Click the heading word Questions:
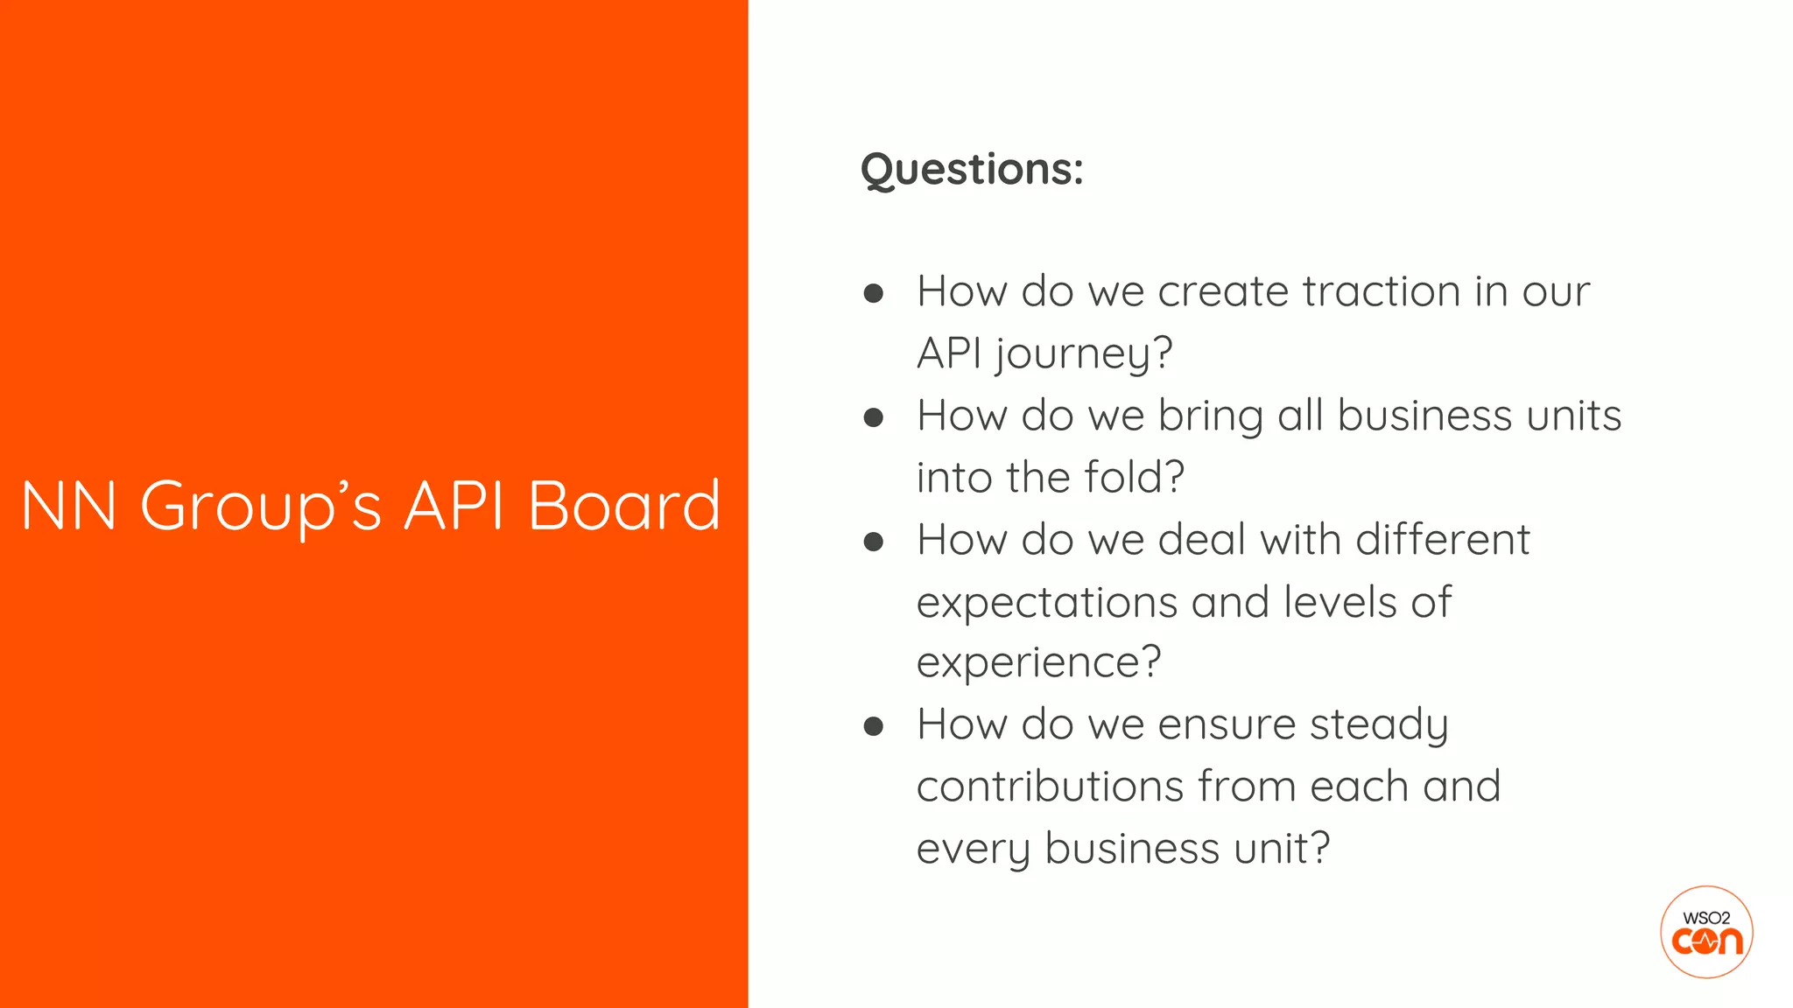click(x=972, y=169)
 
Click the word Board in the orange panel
click(x=624, y=506)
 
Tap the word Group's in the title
click(x=261, y=506)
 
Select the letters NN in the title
click(x=69, y=506)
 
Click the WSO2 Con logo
click(x=1706, y=932)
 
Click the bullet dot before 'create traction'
click(x=873, y=293)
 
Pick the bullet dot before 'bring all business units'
click(x=873, y=417)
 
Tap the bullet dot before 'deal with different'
click(x=873, y=542)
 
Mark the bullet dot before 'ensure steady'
click(x=873, y=726)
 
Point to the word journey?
click(x=1083, y=354)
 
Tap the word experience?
click(x=1038, y=662)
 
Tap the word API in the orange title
click(x=454, y=506)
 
